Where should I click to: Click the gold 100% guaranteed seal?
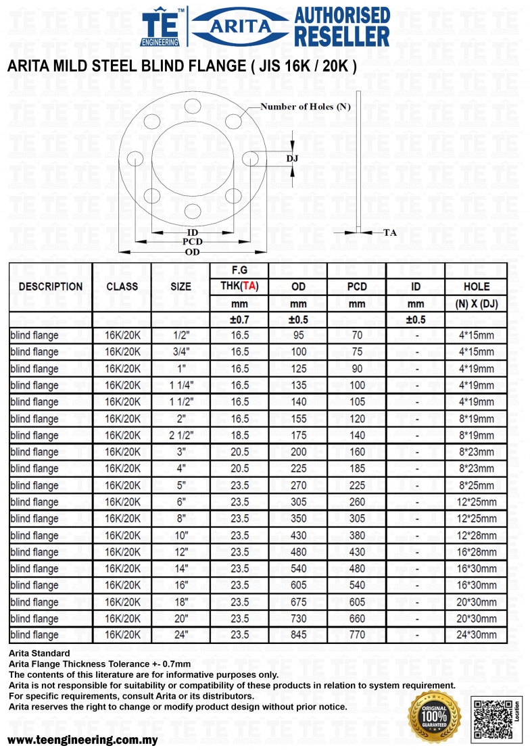(x=434, y=718)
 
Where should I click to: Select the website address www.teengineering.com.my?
(x=82, y=739)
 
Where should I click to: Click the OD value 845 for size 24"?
(x=298, y=635)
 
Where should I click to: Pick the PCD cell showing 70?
(x=357, y=335)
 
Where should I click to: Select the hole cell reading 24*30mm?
(x=477, y=635)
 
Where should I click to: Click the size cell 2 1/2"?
(x=180, y=435)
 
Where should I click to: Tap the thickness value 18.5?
(x=240, y=435)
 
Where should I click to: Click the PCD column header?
(x=357, y=286)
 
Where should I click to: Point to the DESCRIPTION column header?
(x=51, y=286)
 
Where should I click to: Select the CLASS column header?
(x=122, y=286)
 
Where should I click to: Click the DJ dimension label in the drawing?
(x=292, y=159)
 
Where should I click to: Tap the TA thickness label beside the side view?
(x=390, y=232)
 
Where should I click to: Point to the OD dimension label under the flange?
(x=193, y=252)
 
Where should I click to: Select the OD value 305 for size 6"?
(x=298, y=502)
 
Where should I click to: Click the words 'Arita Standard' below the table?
(x=39, y=653)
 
